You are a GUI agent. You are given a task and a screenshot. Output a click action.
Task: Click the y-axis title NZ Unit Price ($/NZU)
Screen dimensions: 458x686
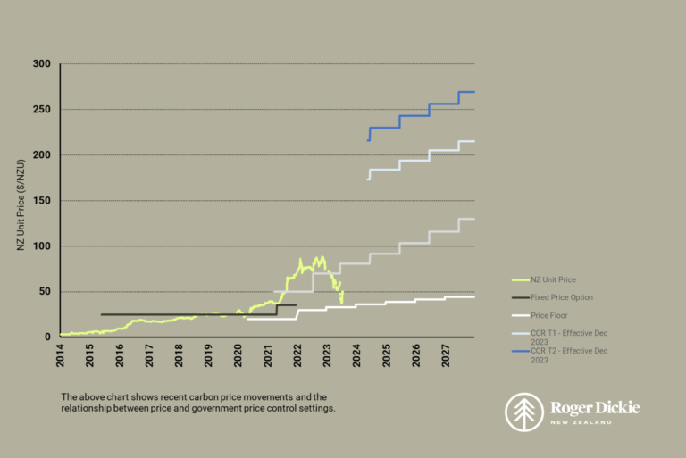(21, 201)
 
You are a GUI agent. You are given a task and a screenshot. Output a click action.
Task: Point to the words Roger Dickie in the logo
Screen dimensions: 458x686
(595, 407)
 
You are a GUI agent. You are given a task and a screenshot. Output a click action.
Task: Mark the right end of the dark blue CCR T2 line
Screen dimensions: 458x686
(474, 92)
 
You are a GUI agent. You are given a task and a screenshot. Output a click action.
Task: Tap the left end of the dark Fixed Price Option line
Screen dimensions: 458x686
(101, 314)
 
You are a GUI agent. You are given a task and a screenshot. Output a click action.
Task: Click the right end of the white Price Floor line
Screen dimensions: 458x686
(474, 296)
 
